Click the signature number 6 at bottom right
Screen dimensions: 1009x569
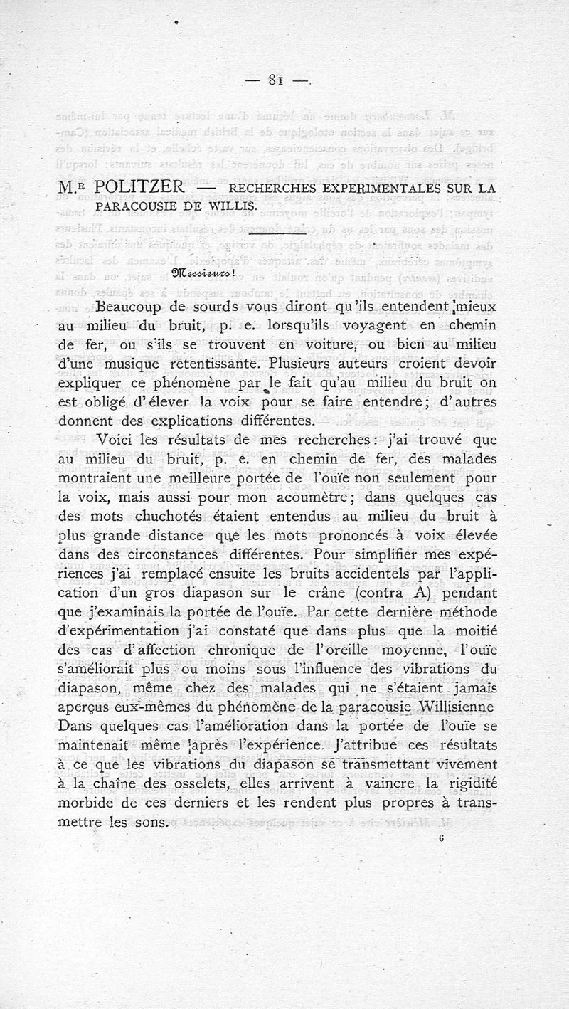coord(442,839)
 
